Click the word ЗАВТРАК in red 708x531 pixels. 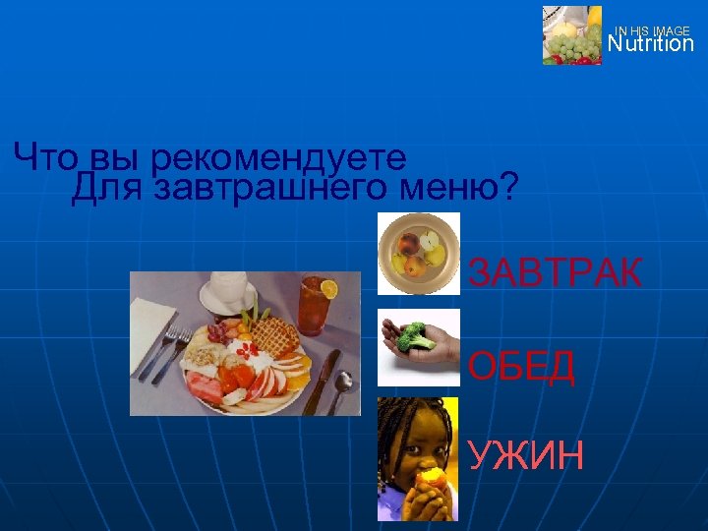click(x=555, y=272)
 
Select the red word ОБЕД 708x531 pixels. click(x=521, y=367)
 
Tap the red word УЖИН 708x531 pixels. click(x=525, y=455)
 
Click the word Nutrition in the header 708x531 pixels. click(x=650, y=44)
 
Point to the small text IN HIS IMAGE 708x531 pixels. click(x=652, y=31)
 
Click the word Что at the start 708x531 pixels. click(x=48, y=155)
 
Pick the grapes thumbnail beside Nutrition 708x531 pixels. click(x=572, y=36)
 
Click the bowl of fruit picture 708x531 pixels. click(x=419, y=254)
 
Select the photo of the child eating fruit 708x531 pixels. click(x=418, y=458)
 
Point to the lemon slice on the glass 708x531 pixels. click(x=329, y=289)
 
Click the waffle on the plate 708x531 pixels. click(x=275, y=335)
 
